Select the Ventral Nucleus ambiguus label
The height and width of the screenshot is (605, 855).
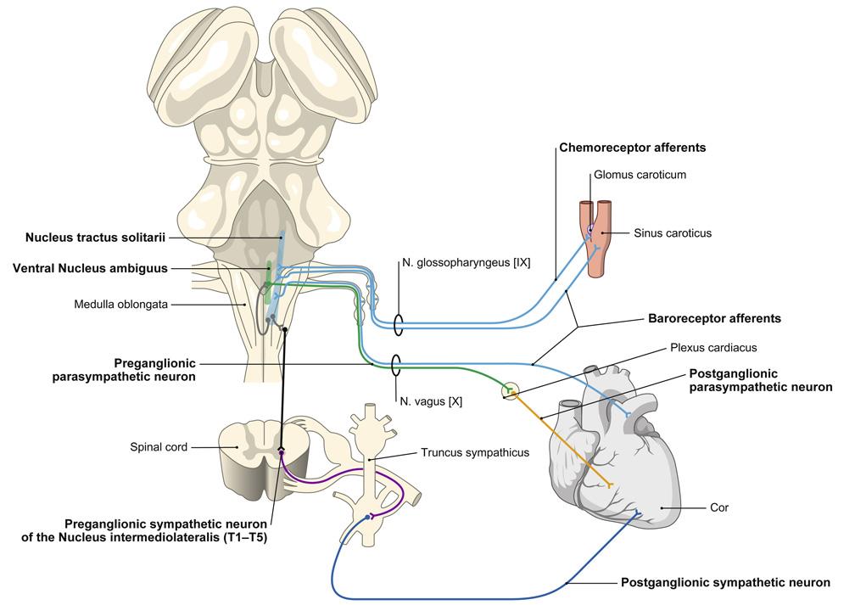90,268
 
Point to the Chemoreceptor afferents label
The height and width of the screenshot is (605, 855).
633,148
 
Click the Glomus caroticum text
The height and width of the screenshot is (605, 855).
640,176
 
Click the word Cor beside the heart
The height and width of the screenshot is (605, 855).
718,508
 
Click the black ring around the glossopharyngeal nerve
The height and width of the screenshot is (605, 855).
396,324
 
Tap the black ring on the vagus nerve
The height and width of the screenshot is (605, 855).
396,365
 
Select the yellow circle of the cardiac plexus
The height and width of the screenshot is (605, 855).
510,391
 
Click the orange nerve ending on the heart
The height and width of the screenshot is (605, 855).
611,485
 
